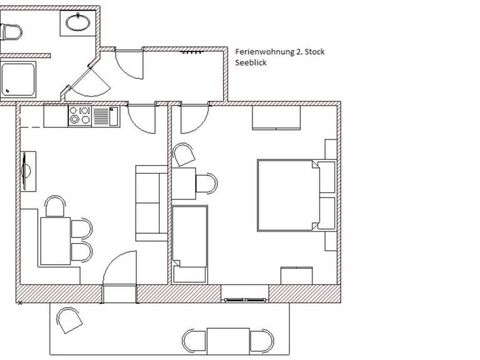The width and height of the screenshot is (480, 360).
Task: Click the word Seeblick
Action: pyautogui.click(x=251, y=62)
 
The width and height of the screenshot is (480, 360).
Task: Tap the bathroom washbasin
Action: pyautogui.click(x=78, y=24)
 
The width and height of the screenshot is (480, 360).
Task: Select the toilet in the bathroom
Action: pyautogui.click(x=11, y=31)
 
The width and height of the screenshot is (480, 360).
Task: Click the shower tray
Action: pyautogui.click(x=18, y=80)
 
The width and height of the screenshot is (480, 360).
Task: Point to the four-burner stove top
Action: pyautogui.click(x=80, y=116)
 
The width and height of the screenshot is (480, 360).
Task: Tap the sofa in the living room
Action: pyautogui.click(x=151, y=203)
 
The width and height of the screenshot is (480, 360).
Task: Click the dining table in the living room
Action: pyautogui.click(x=55, y=241)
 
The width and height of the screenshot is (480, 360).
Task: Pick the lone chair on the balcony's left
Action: pyautogui.click(x=69, y=321)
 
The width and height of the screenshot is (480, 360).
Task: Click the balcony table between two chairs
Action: pyautogui.click(x=228, y=341)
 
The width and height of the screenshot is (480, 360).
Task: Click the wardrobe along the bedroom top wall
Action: pyautogui.click(x=276, y=117)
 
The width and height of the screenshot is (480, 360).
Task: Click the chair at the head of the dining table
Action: pyautogui.click(x=55, y=206)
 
